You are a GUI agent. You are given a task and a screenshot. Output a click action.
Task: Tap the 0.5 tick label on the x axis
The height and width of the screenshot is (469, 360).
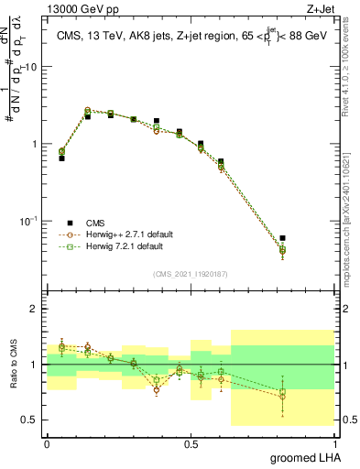point(191,444)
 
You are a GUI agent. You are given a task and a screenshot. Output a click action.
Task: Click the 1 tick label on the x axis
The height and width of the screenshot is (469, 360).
point(336,444)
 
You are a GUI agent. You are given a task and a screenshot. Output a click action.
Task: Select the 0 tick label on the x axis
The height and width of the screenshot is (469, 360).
point(47,444)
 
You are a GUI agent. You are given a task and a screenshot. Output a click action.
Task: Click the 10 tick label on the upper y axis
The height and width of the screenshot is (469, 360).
point(31,68)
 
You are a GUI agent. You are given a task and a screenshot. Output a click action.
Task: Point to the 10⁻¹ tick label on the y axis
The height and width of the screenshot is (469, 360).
point(27,221)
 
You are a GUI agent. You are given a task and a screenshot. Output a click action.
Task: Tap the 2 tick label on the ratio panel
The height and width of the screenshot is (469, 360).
point(36,310)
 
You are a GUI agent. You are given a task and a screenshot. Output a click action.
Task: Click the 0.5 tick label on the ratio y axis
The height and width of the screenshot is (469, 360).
point(30,420)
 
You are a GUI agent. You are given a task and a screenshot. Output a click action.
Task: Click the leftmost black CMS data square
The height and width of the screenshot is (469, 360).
point(61,158)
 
